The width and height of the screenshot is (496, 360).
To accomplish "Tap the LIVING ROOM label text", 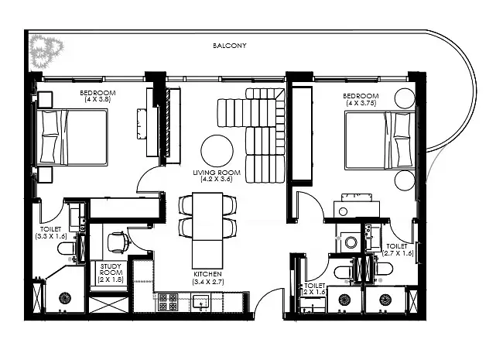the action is point(217,173).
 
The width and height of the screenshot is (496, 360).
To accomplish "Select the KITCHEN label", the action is point(208,274).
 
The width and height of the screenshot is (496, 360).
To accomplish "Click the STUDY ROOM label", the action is point(111,269).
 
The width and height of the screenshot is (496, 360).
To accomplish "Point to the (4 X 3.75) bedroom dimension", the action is point(361,103).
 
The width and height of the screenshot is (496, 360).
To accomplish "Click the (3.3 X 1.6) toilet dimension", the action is point(51,236).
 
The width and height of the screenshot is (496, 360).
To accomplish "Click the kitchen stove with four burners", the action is point(168,302).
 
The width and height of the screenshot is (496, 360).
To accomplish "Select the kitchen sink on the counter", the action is point(201,302).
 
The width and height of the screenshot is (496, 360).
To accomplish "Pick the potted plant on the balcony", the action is point(45,51).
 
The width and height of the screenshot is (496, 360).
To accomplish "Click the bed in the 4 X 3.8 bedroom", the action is point(72,137).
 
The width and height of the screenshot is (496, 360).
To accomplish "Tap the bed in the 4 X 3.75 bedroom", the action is point(380,140).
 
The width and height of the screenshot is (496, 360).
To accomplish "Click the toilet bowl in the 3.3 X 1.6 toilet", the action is point(66,249).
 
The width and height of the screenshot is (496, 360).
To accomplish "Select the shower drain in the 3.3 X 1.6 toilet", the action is point(64,297).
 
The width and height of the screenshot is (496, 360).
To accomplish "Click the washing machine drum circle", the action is point(351,243).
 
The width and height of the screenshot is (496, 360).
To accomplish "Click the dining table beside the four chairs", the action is point(207,231).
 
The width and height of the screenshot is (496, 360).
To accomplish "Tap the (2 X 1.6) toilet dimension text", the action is point(314,292).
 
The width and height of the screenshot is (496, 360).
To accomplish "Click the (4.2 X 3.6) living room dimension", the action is point(217,179).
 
